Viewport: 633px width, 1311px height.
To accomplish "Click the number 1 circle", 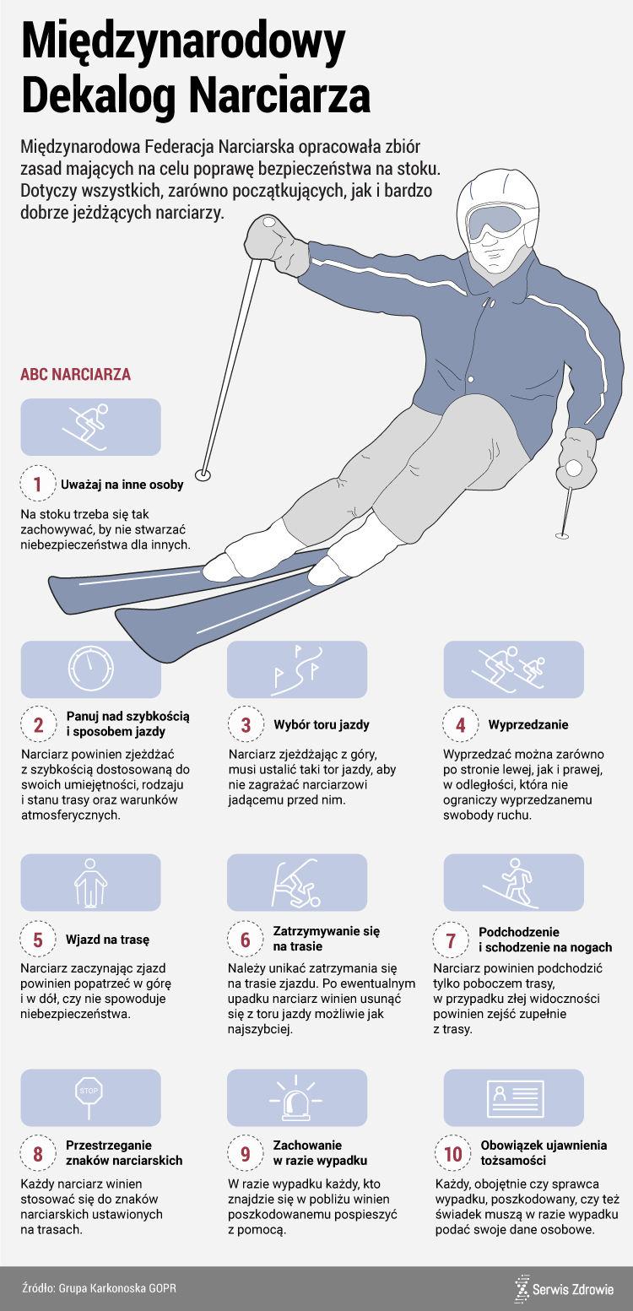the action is [x=38, y=484].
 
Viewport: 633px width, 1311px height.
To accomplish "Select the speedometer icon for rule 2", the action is [x=90, y=669].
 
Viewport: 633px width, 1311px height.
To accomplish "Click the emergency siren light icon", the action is [x=296, y=1098].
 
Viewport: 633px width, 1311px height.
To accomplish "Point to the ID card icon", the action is [x=514, y=1098].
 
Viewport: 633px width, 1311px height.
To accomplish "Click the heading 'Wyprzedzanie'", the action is [x=528, y=724].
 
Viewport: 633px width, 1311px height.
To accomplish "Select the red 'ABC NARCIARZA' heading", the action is [x=75, y=375].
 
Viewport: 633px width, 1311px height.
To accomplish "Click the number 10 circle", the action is [x=453, y=1154].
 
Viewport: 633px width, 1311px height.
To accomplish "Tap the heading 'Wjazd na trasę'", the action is [x=108, y=940].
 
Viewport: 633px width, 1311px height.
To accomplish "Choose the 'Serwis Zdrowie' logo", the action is [x=564, y=1288].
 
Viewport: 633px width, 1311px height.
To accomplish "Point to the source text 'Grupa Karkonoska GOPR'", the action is [x=117, y=1288].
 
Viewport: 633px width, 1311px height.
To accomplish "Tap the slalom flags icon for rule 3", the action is [x=297, y=669].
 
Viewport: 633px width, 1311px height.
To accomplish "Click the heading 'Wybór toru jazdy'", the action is [x=322, y=724].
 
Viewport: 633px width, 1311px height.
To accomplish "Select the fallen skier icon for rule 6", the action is [x=296, y=883].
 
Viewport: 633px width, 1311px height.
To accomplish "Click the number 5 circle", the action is [x=38, y=940].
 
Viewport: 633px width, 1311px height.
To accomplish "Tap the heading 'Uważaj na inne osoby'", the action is [x=122, y=485].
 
